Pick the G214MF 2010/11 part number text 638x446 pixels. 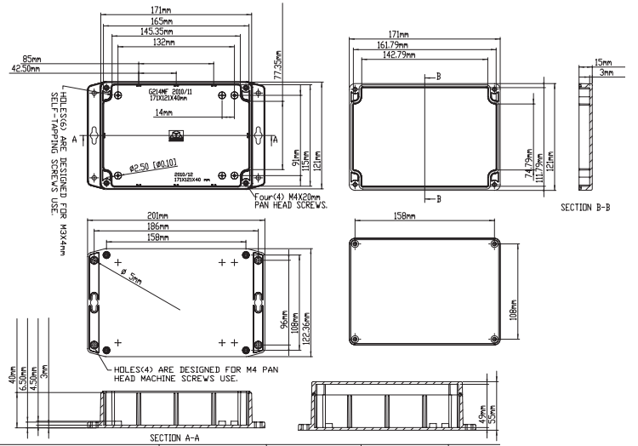(171, 90)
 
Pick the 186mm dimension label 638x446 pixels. (174, 227)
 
